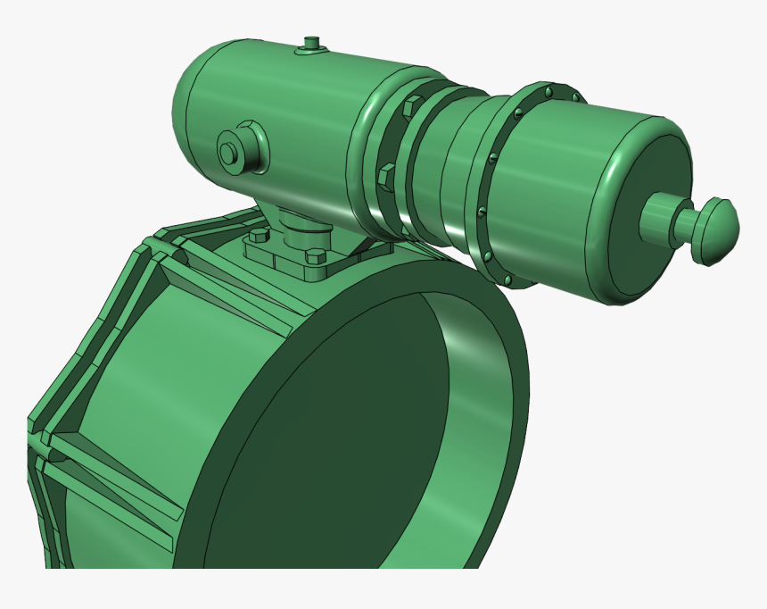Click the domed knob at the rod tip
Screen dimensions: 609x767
[x=719, y=230]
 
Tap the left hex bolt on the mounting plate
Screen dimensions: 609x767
[x=259, y=237]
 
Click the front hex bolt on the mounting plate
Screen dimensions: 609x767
[x=314, y=263]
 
